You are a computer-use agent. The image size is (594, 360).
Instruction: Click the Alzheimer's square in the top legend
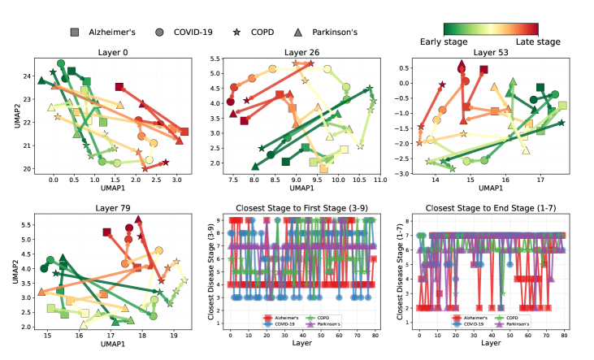[75, 32]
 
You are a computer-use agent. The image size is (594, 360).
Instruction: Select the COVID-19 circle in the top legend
[160, 32]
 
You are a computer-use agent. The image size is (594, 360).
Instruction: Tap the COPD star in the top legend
[236, 32]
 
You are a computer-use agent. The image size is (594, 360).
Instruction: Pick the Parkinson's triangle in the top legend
[298, 32]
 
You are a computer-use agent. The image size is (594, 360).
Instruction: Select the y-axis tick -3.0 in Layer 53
[401, 174]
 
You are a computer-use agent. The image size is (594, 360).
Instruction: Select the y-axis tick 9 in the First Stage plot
[219, 220]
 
